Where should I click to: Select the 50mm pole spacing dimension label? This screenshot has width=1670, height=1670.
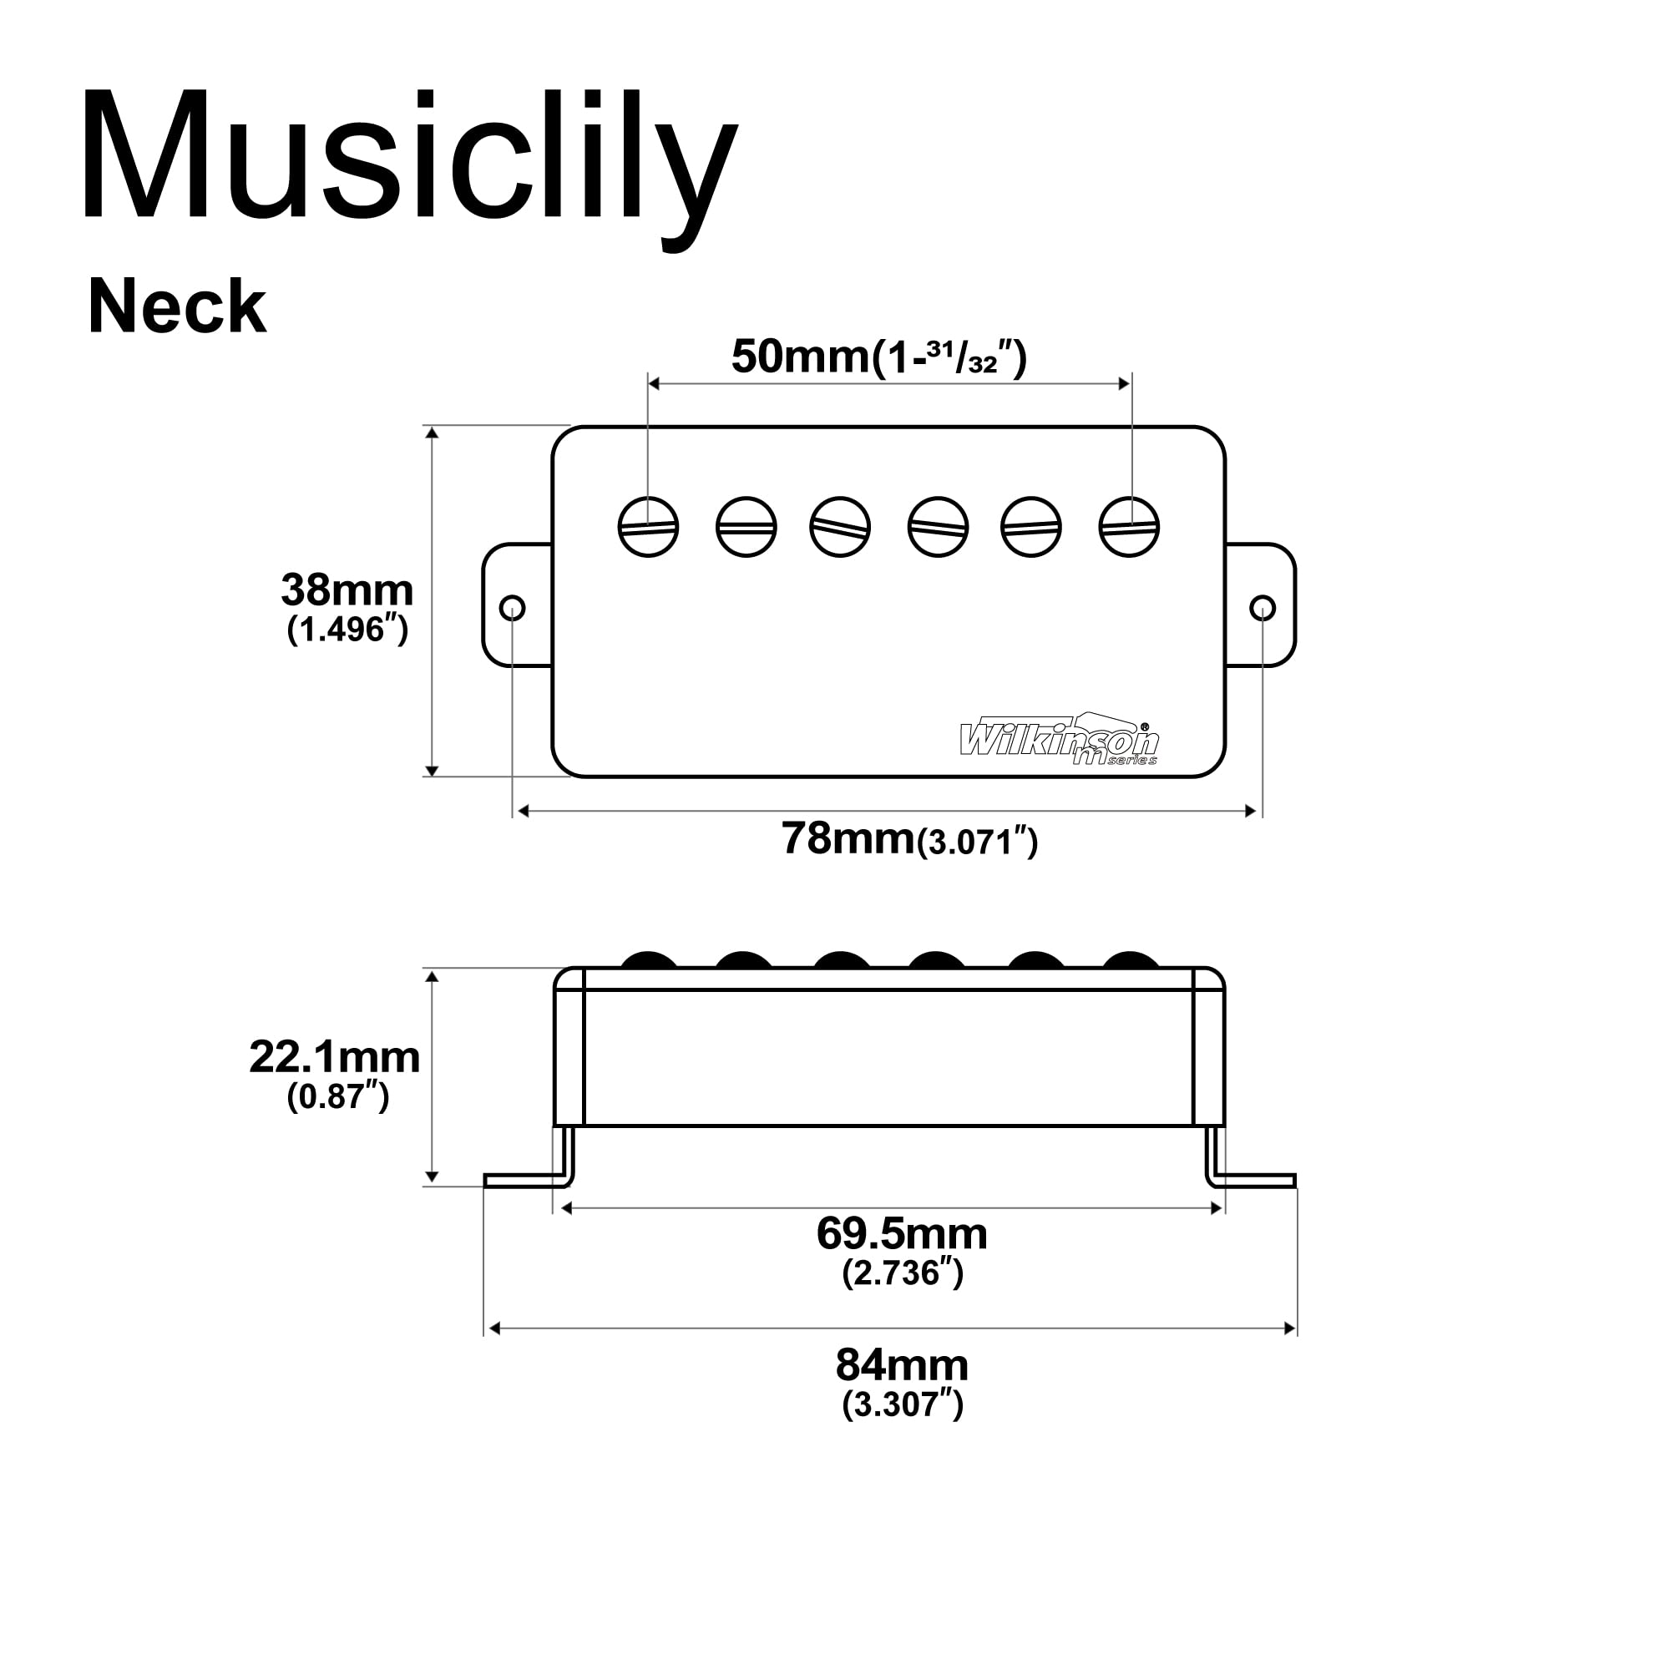click(x=878, y=357)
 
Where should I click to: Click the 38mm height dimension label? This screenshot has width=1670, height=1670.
click(x=347, y=591)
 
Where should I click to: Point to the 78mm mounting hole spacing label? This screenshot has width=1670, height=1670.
click(x=908, y=839)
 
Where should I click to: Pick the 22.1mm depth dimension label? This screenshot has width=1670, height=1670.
click(x=336, y=1058)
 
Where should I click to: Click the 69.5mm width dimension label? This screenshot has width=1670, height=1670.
click(x=902, y=1234)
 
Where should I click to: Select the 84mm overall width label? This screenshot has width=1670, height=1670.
click(x=902, y=1366)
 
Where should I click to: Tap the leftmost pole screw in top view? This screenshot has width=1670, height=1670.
click(x=648, y=527)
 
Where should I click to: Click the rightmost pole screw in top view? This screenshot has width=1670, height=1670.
click(x=1129, y=527)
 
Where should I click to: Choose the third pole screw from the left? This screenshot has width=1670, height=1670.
click(x=840, y=527)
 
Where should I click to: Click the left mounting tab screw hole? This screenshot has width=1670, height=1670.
click(x=513, y=609)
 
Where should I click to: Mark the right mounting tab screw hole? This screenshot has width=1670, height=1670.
click(x=1263, y=609)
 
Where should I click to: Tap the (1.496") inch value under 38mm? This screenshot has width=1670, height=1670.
click(x=347, y=630)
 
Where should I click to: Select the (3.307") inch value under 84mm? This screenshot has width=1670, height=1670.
click(x=902, y=1404)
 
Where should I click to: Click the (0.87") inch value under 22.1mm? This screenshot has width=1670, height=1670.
click(x=338, y=1097)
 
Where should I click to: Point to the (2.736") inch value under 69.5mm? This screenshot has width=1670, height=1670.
click(x=902, y=1273)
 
